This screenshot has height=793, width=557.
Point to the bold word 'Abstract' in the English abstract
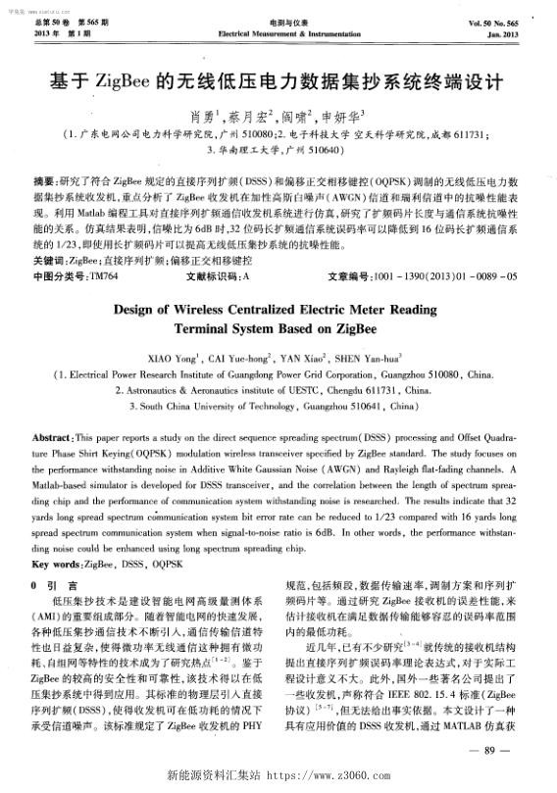(x=55, y=435)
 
